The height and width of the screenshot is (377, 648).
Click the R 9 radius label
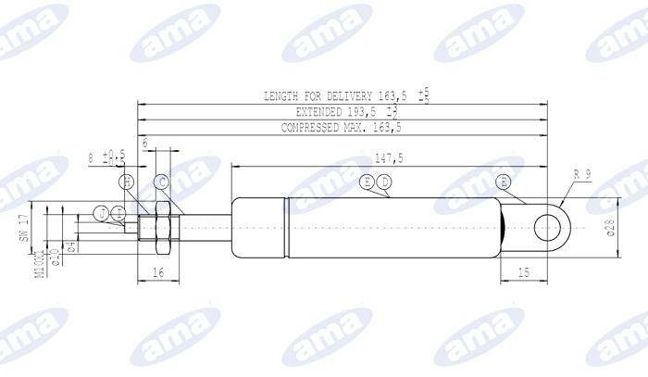click(x=582, y=174)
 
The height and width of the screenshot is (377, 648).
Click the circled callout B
click(x=504, y=182)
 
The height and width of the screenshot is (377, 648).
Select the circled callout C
click(x=161, y=182)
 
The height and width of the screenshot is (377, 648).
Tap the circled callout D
click(x=384, y=182)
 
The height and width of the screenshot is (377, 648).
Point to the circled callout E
click(x=368, y=182)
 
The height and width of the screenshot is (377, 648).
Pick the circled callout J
click(x=102, y=214)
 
